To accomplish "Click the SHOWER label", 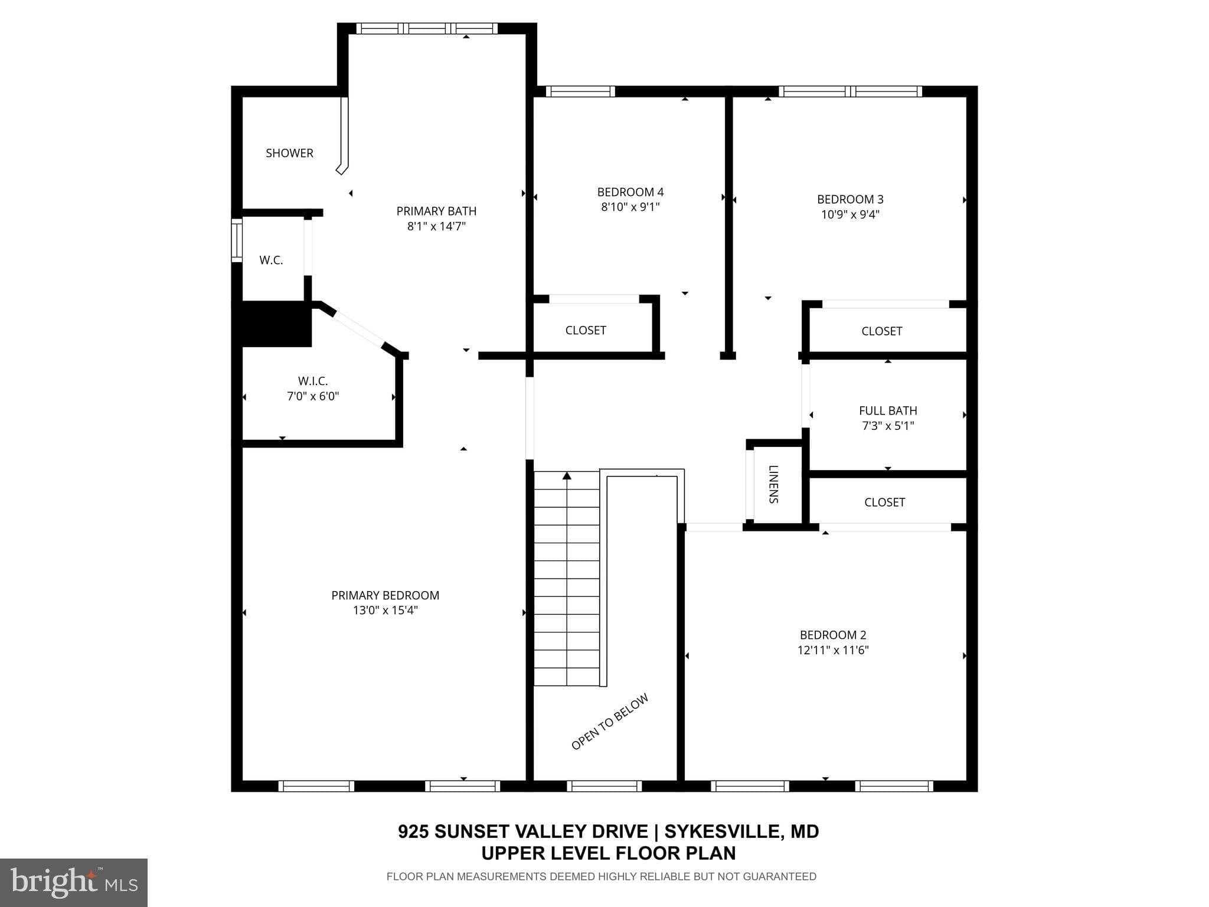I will tap(289, 153).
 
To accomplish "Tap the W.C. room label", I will tap(271, 260).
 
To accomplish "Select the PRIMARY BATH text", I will tap(436, 211).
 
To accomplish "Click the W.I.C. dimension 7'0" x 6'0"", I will tap(313, 396).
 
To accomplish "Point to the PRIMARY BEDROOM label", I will tap(385, 595).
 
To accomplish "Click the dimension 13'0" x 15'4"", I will tap(385, 611).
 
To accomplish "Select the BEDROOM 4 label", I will tap(630, 192).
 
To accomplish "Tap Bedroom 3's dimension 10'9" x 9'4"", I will tap(850, 214).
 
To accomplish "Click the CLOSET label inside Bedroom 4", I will tap(586, 330).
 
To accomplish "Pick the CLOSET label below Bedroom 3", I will tap(881, 331).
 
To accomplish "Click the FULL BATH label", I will tap(888, 410).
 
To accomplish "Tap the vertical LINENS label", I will tap(774, 484).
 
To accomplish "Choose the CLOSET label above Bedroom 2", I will tap(884, 502).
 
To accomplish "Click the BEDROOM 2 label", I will tap(832, 635).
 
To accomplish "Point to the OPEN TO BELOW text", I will tap(610, 722).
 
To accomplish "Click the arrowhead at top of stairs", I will tap(567, 475).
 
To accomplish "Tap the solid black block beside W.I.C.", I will tap(275, 324).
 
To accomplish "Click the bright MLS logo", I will tap(74, 882).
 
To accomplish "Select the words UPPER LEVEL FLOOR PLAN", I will tap(608, 853).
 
